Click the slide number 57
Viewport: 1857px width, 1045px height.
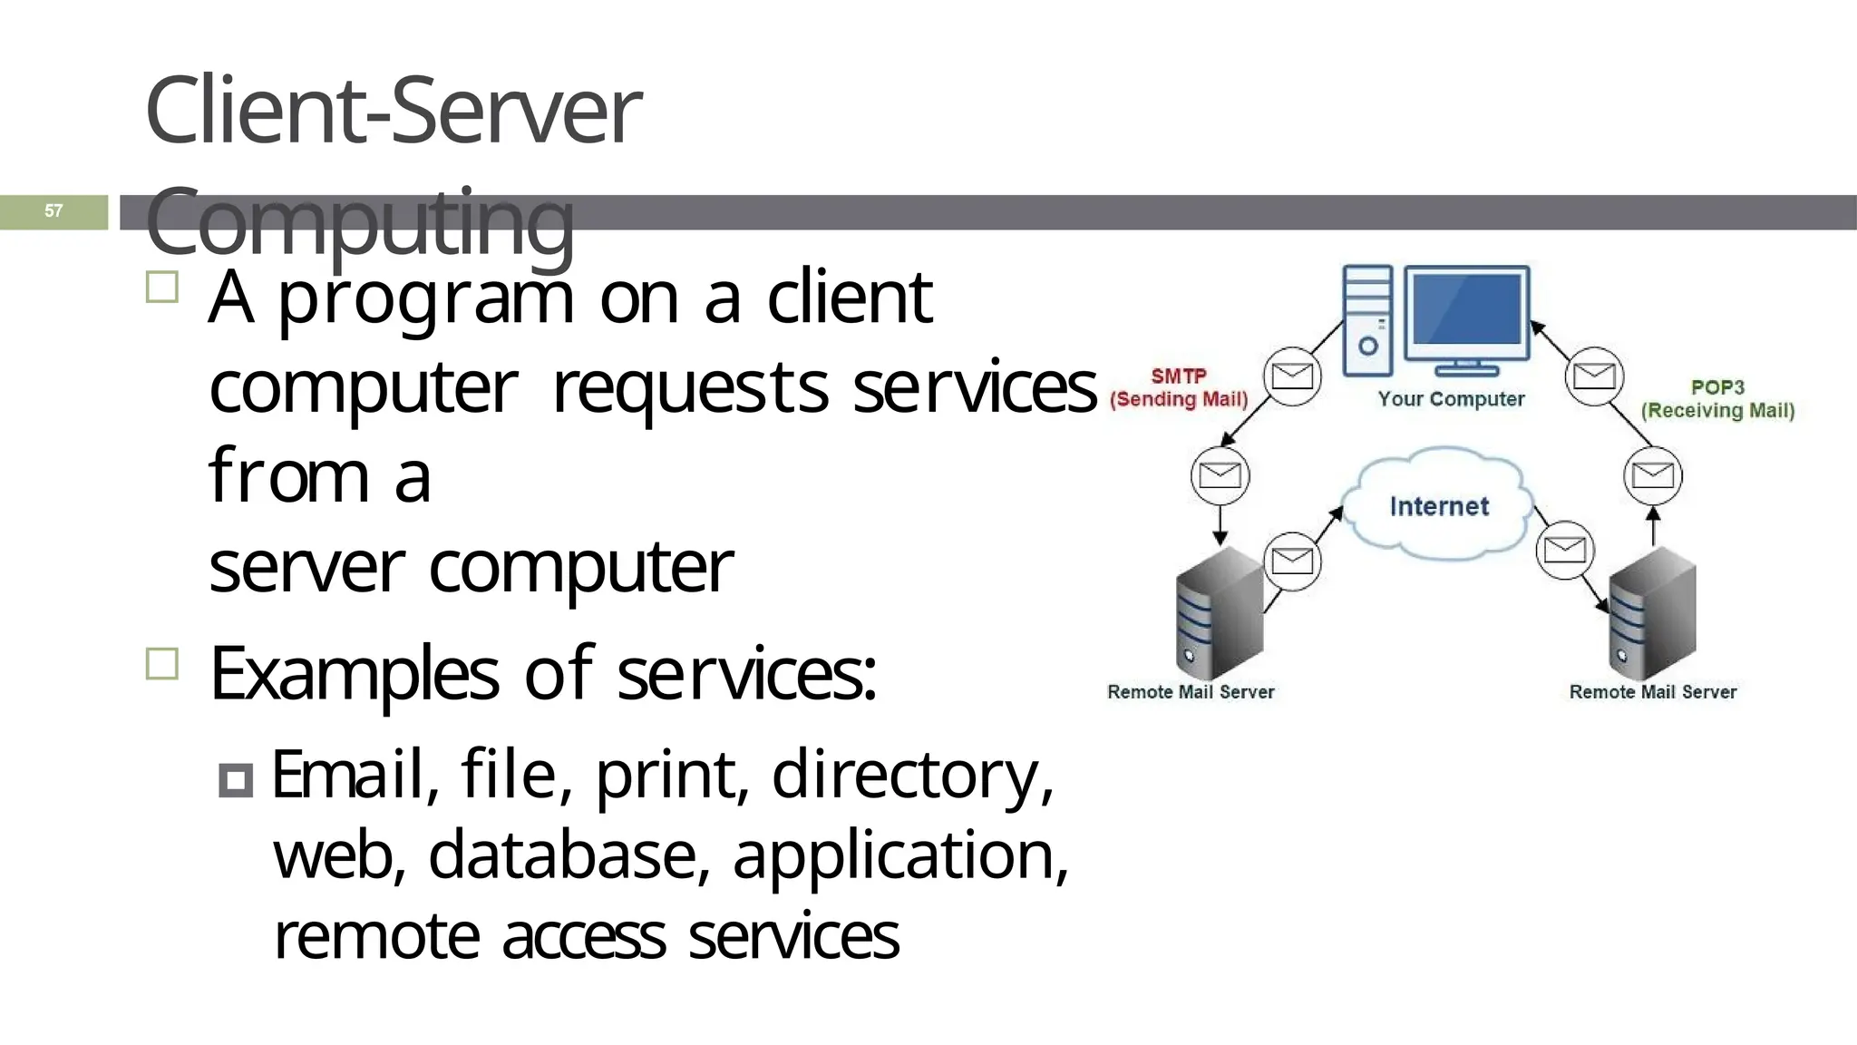click(53, 211)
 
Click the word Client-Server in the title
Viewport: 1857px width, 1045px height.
click(392, 111)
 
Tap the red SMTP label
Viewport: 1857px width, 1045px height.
click(1178, 376)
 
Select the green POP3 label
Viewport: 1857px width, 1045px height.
click(1717, 387)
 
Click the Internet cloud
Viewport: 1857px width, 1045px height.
click(1438, 504)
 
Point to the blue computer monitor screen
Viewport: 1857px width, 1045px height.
click(1466, 309)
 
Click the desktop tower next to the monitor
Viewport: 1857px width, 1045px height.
click(1366, 320)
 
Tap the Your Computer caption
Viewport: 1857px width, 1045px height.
click(1451, 399)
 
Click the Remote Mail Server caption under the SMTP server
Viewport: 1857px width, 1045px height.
click(1190, 692)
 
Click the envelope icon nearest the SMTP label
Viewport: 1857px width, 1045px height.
click(1291, 375)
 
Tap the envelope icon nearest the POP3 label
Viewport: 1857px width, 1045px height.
click(1593, 375)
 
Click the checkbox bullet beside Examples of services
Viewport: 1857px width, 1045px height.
click(162, 664)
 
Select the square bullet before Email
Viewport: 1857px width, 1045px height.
click(236, 780)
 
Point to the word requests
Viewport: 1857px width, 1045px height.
click(689, 388)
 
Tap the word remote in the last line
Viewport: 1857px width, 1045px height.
click(376, 936)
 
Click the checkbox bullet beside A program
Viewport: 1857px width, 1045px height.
click(162, 288)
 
